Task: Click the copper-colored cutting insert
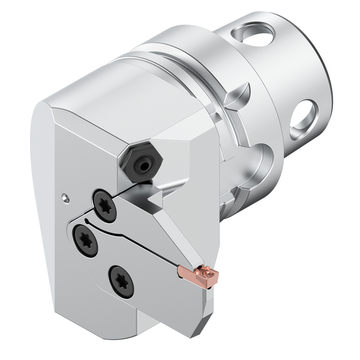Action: [199, 275]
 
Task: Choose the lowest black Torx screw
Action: [121, 280]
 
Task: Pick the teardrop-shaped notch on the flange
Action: [237, 94]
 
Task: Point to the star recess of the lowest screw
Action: [121, 280]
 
